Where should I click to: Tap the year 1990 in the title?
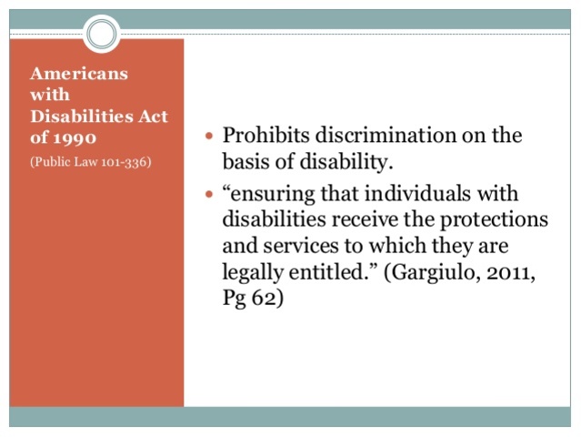click(x=77, y=138)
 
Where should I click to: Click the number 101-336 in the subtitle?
click(x=123, y=162)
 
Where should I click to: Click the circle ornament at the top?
click(x=102, y=34)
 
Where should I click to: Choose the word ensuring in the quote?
click(x=271, y=195)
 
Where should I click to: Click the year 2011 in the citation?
click(x=512, y=271)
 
